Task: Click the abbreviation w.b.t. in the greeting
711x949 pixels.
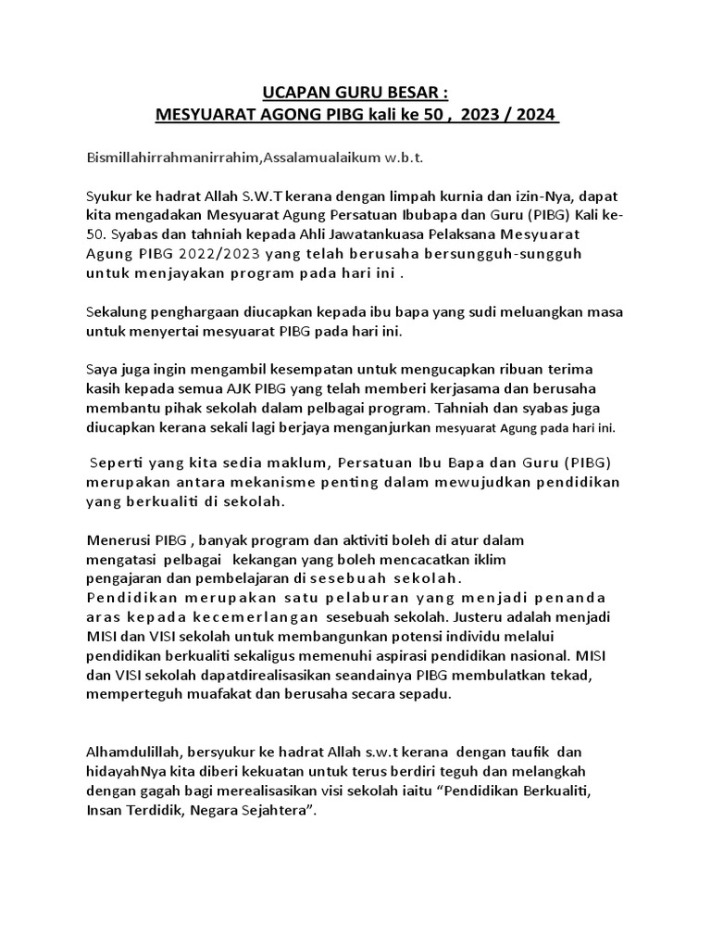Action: pyautogui.click(x=398, y=158)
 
